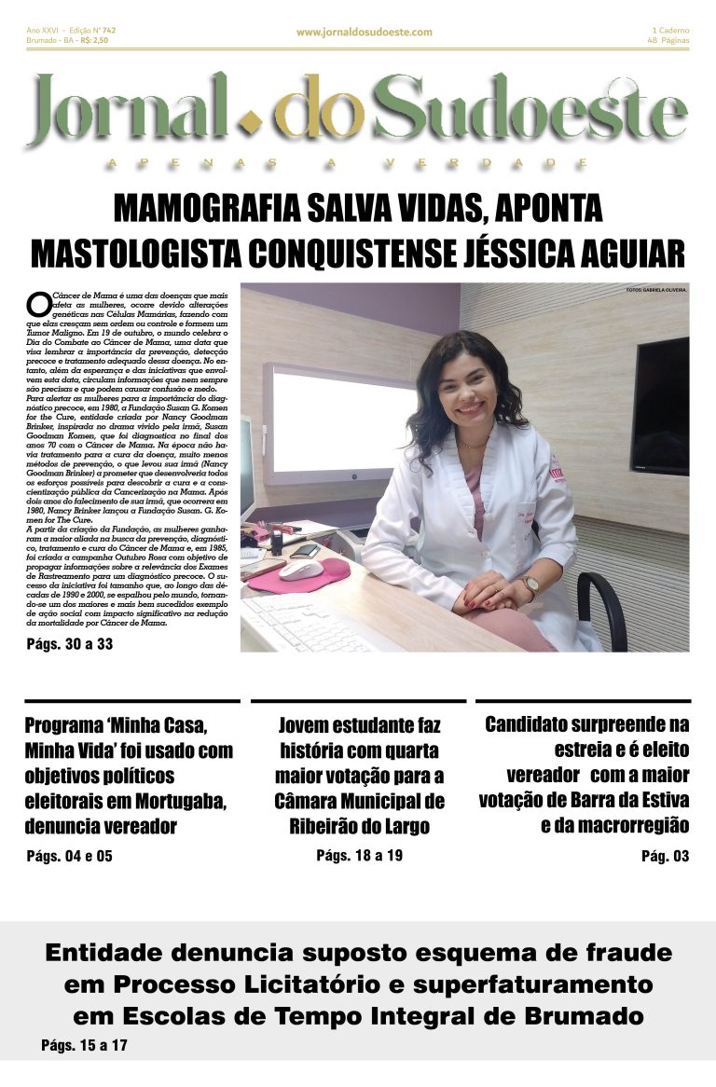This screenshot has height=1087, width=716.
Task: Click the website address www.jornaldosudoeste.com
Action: click(x=364, y=32)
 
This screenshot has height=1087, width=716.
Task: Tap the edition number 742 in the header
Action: click(x=107, y=30)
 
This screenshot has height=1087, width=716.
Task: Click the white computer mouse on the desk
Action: click(x=300, y=570)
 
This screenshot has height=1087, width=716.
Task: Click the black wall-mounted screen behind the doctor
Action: click(x=659, y=406)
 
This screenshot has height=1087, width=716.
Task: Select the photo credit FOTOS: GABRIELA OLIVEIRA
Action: click(x=655, y=290)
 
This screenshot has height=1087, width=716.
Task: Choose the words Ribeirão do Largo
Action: click(x=359, y=826)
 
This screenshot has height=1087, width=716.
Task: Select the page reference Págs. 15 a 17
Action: click(x=84, y=1045)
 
